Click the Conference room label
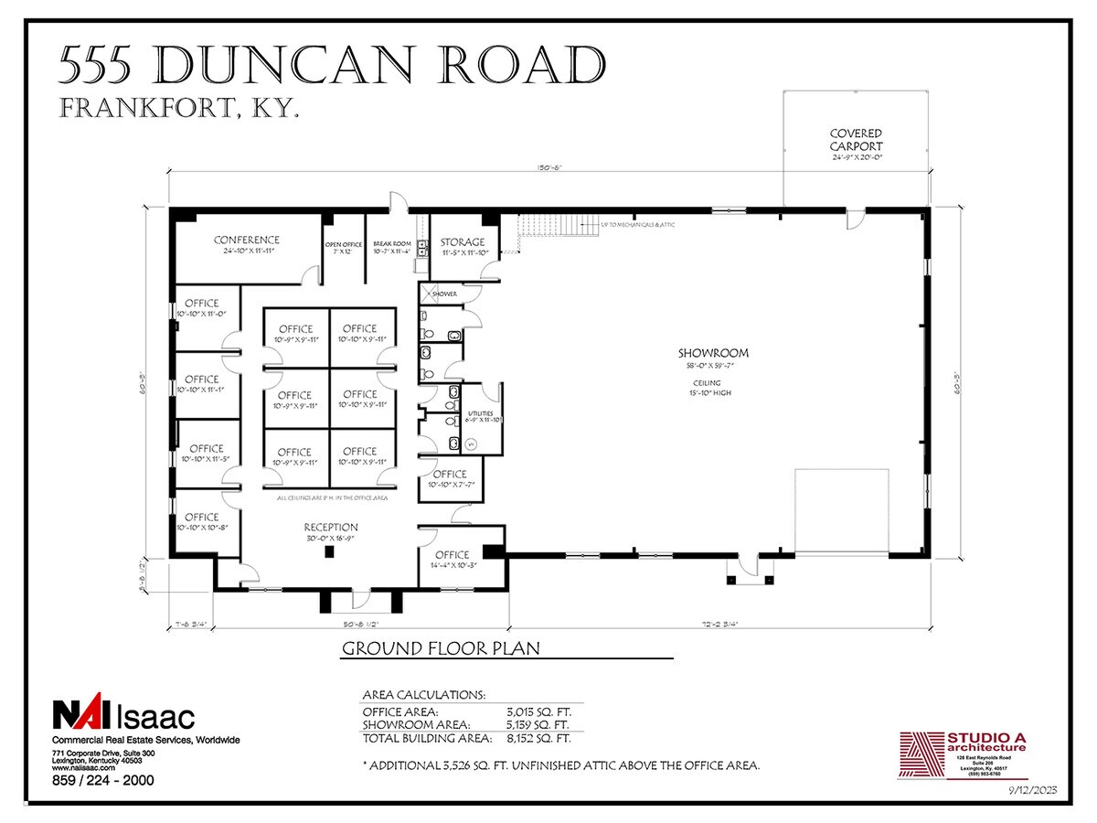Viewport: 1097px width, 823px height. [246, 240]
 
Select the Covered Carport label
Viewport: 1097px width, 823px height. [856, 140]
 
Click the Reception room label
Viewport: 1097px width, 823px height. [331, 528]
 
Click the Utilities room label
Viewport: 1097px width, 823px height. [481, 413]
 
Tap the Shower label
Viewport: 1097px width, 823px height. [444, 294]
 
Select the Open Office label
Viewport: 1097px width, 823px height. [344, 245]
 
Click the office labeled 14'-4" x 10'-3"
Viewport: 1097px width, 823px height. [452, 555]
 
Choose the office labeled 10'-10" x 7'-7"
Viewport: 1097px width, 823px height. [450, 475]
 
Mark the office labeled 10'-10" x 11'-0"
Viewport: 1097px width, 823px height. [202, 304]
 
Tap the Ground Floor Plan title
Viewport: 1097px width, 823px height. [440, 649]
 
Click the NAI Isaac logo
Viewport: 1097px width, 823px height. [122, 714]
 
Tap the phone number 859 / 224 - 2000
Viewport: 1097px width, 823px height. [102, 780]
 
